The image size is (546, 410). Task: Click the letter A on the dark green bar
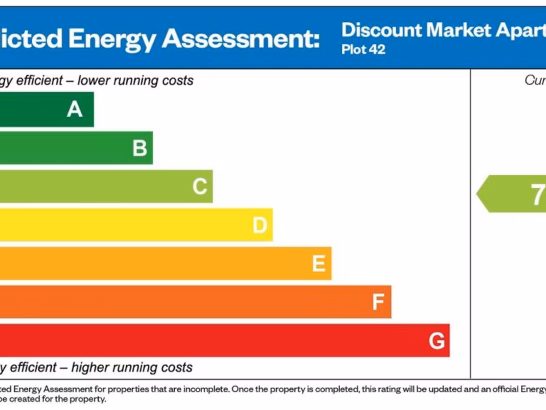coord(75,109)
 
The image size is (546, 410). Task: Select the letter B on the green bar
coord(140,148)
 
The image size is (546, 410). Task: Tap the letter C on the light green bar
coord(199,187)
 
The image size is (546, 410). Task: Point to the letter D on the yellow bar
coord(260,225)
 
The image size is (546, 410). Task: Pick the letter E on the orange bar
coord(319,264)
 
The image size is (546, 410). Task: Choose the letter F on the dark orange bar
coord(378,302)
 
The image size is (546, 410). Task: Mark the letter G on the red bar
coord(437,341)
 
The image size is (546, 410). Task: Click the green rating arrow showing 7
coord(512,194)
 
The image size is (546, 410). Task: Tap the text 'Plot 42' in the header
coord(363,50)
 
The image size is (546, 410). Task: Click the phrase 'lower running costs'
coord(135,81)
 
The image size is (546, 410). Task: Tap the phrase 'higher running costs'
coord(132,367)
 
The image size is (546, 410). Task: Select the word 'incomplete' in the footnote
coord(207,389)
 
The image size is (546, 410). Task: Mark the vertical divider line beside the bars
coord(470,224)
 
